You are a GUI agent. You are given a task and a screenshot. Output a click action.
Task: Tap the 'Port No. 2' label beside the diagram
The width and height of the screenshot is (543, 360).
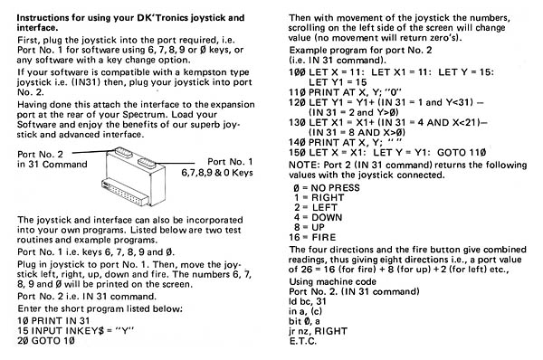(40, 155)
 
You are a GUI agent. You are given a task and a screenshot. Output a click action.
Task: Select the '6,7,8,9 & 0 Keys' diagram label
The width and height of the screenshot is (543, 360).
(217, 173)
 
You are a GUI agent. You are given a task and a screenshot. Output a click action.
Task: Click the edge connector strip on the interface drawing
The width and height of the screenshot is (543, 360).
(125, 193)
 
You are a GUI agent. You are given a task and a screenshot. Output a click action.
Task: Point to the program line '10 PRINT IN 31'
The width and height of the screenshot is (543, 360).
(53, 321)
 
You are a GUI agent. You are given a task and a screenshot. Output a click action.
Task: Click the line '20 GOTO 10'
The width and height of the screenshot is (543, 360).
(46, 341)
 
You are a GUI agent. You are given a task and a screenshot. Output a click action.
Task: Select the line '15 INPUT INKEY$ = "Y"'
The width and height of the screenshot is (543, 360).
(75, 330)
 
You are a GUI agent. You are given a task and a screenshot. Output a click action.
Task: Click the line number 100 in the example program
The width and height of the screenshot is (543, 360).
(297, 72)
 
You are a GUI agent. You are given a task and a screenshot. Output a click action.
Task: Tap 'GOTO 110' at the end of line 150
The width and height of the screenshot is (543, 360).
(462, 153)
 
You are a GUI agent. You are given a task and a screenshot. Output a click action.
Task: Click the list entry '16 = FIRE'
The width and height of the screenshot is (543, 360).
(312, 238)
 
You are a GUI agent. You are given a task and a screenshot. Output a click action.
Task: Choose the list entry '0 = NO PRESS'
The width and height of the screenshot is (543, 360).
(327, 188)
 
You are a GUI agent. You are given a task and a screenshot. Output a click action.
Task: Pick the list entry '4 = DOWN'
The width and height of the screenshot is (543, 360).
(318, 217)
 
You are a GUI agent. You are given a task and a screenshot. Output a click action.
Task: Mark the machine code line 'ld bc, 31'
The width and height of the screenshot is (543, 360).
(308, 301)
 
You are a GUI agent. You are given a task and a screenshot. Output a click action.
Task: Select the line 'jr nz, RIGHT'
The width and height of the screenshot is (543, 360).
(318, 331)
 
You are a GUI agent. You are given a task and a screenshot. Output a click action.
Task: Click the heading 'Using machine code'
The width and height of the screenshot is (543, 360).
(332, 282)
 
